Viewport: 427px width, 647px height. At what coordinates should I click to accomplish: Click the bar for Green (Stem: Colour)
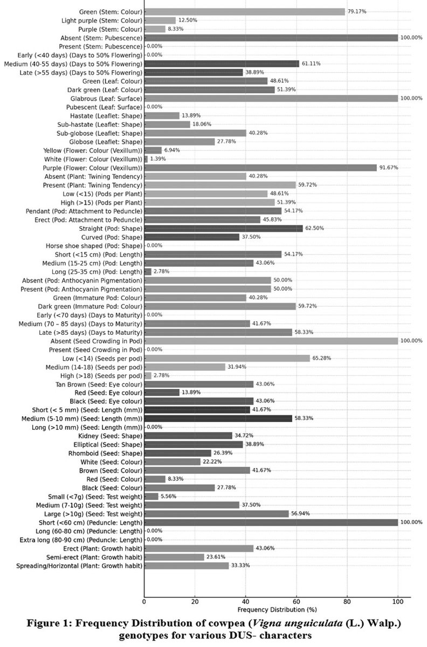coord(244,12)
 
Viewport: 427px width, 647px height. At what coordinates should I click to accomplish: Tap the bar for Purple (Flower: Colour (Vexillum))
coord(260,168)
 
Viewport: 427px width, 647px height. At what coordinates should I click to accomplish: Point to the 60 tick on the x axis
coord(297,601)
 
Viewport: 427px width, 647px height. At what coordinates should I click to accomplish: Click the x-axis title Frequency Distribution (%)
coord(277,610)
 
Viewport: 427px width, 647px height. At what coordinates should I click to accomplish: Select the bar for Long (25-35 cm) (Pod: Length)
coord(148,271)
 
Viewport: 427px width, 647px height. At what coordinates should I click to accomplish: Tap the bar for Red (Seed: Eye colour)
coord(162,393)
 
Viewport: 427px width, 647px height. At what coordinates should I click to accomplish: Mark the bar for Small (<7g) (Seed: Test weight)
coord(151,496)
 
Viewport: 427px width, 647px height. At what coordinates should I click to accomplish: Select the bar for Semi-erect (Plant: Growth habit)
coord(174,557)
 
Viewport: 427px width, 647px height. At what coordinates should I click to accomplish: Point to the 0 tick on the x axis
coord(144,601)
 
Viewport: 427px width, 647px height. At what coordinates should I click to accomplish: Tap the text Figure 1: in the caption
coord(47,624)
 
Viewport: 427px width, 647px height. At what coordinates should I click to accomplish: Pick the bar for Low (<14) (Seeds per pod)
coord(227,358)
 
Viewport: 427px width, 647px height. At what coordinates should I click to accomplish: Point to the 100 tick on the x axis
coord(398,601)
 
